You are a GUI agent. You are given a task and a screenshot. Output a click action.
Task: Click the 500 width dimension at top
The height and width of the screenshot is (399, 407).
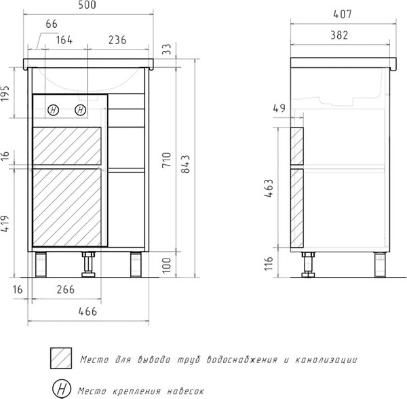[88, 5]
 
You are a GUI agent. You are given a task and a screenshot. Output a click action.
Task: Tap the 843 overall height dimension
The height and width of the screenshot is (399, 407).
[186, 164]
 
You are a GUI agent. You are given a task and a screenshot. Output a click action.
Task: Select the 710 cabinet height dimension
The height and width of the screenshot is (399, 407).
[167, 160]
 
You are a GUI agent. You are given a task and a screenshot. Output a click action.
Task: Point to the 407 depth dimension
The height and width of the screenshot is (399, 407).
[343, 14]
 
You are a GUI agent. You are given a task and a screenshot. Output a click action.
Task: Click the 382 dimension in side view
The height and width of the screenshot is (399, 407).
[339, 35]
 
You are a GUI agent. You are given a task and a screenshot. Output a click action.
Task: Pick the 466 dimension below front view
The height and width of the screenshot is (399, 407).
[88, 311]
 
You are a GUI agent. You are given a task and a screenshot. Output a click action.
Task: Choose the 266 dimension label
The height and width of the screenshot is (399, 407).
[66, 290]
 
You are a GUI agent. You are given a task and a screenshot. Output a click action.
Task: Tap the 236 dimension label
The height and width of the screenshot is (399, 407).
[117, 40]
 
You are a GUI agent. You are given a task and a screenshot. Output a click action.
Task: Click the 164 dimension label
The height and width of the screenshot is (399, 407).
[64, 40]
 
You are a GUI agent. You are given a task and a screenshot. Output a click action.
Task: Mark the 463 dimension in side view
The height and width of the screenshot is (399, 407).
[269, 188]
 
